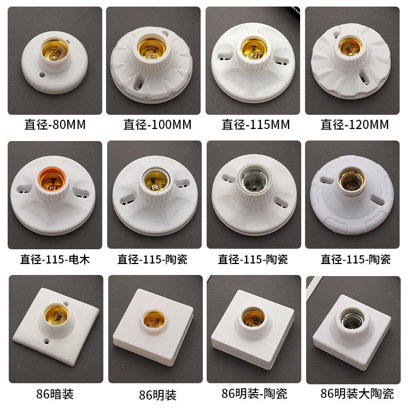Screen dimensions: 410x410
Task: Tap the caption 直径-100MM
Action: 157,124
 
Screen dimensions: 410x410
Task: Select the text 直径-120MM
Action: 355,124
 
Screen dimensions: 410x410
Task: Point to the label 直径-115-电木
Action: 55,259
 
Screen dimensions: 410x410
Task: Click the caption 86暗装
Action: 55,394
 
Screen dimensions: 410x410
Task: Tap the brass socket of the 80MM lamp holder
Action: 55,50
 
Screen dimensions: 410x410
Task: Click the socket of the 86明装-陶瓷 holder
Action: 253,318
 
